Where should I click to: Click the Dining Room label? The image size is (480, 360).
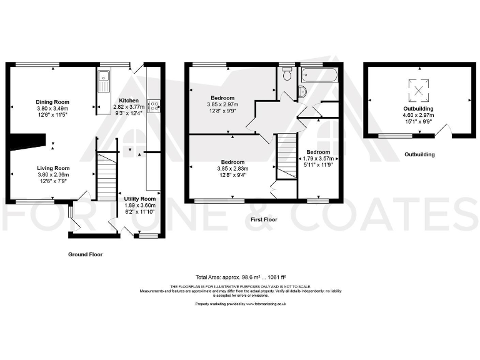pyautogui.click(x=52, y=102)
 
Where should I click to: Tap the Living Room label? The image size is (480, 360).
pyautogui.click(x=52, y=169)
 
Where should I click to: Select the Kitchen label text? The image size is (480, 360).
pyautogui.click(x=129, y=101)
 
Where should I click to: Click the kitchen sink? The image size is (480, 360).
pyautogui.click(x=104, y=81)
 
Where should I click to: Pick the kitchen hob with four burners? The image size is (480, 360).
pyautogui.click(x=153, y=106)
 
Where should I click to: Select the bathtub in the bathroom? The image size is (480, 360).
pyautogui.click(x=319, y=76)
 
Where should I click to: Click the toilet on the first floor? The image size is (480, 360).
pyautogui.click(x=287, y=75)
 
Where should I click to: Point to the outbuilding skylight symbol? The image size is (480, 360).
pyautogui.click(x=419, y=92)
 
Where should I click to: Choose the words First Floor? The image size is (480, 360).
pyautogui.click(x=263, y=220)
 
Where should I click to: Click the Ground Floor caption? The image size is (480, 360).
pyautogui.click(x=85, y=254)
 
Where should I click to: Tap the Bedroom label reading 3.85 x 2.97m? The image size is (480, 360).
pyautogui.click(x=222, y=104)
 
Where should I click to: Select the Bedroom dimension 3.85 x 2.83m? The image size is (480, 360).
pyautogui.click(x=232, y=169)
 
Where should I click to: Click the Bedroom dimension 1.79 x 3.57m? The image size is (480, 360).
pyautogui.click(x=318, y=159)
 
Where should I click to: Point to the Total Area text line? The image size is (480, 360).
pyautogui.click(x=241, y=276)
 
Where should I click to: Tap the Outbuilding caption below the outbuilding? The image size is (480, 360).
pyautogui.click(x=419, y=154)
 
